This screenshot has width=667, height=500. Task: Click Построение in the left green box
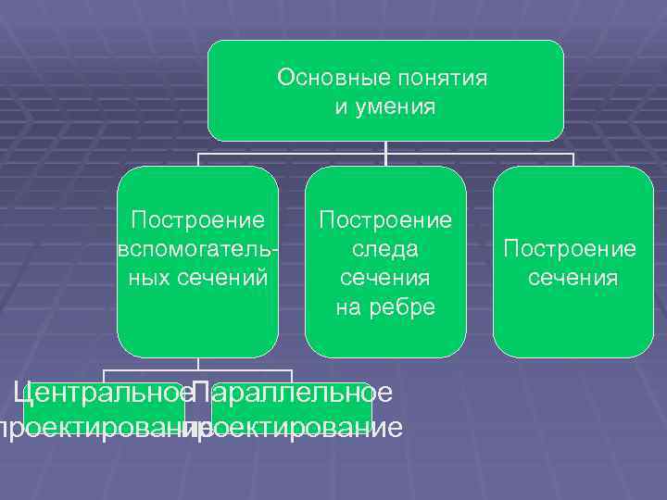point(198,220)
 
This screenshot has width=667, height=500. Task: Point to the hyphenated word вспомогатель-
point(197,249)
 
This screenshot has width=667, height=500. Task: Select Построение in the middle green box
point(385,220)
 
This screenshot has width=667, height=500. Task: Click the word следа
point(385,249)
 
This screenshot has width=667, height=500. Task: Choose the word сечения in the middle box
point(385,278)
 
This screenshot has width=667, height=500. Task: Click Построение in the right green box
point(570,249)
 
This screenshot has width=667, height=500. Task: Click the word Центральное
point(103,393)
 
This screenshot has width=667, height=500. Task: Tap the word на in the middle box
point(349,306)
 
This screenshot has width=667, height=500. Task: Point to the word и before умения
point(340,107)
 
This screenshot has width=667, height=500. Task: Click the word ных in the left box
point(145,277)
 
